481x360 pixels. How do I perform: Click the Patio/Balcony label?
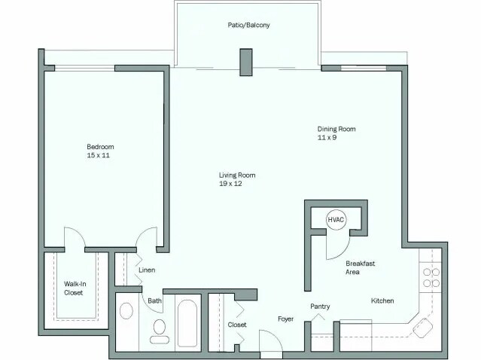(248, 25)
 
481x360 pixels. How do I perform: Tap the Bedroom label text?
(99, 146)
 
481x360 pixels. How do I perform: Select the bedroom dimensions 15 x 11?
(99, 155)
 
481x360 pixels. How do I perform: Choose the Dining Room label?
(336, 129)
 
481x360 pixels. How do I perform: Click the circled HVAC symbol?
(336, 219)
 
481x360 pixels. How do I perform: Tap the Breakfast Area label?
(360, 267)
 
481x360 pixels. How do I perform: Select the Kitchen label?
(382, 301)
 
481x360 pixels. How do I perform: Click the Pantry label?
(321, 307)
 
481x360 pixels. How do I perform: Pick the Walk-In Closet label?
(73, 288)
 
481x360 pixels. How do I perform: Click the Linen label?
(147, 269)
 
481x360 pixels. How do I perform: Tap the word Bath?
(154, 301)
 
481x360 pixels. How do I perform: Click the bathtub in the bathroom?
(188, 322)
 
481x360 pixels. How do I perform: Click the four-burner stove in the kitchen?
(431, 277)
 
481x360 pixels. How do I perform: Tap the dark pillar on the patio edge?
(245, 62)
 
